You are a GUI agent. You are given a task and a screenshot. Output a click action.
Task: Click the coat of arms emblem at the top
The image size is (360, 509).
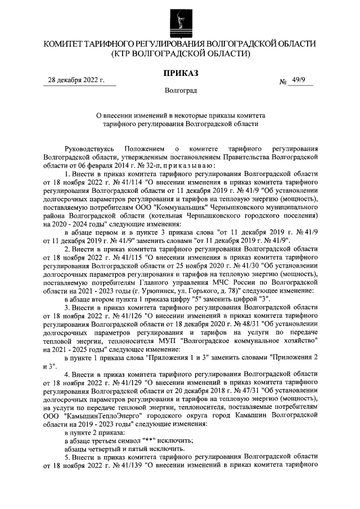(x=180, y=20)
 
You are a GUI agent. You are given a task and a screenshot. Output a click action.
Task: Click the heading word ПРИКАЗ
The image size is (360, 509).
(x=180, y=74)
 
